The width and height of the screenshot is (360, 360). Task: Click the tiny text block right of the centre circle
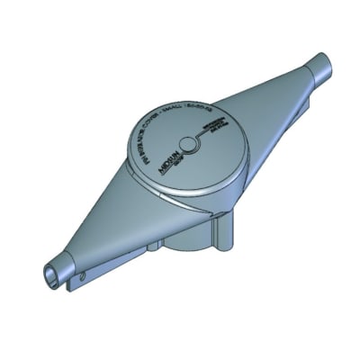pyautogui.click(x=213, y=127)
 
